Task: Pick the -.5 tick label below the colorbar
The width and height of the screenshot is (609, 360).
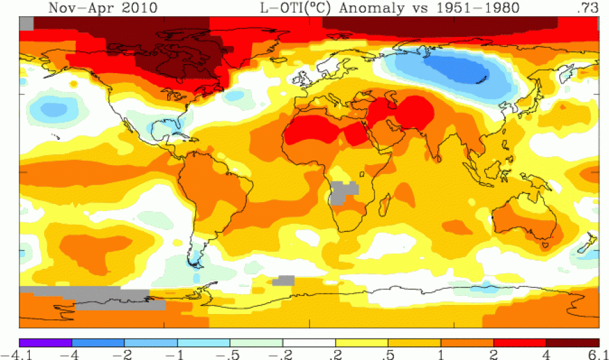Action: (229, 354)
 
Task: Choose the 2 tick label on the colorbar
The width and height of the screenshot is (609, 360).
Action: (494, 354)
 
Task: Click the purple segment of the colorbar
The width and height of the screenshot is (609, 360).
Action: (45, 342)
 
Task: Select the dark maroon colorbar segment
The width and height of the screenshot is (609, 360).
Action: (572, 342)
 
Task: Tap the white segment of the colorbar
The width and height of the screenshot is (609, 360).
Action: (309, 342)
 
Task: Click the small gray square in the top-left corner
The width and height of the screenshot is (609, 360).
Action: (26, 23)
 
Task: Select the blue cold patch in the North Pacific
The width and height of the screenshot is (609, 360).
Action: (53, 105)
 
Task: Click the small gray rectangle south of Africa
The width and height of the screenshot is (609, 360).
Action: (283, 280)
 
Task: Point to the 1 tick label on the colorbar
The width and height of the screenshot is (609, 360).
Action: (441, 354)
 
